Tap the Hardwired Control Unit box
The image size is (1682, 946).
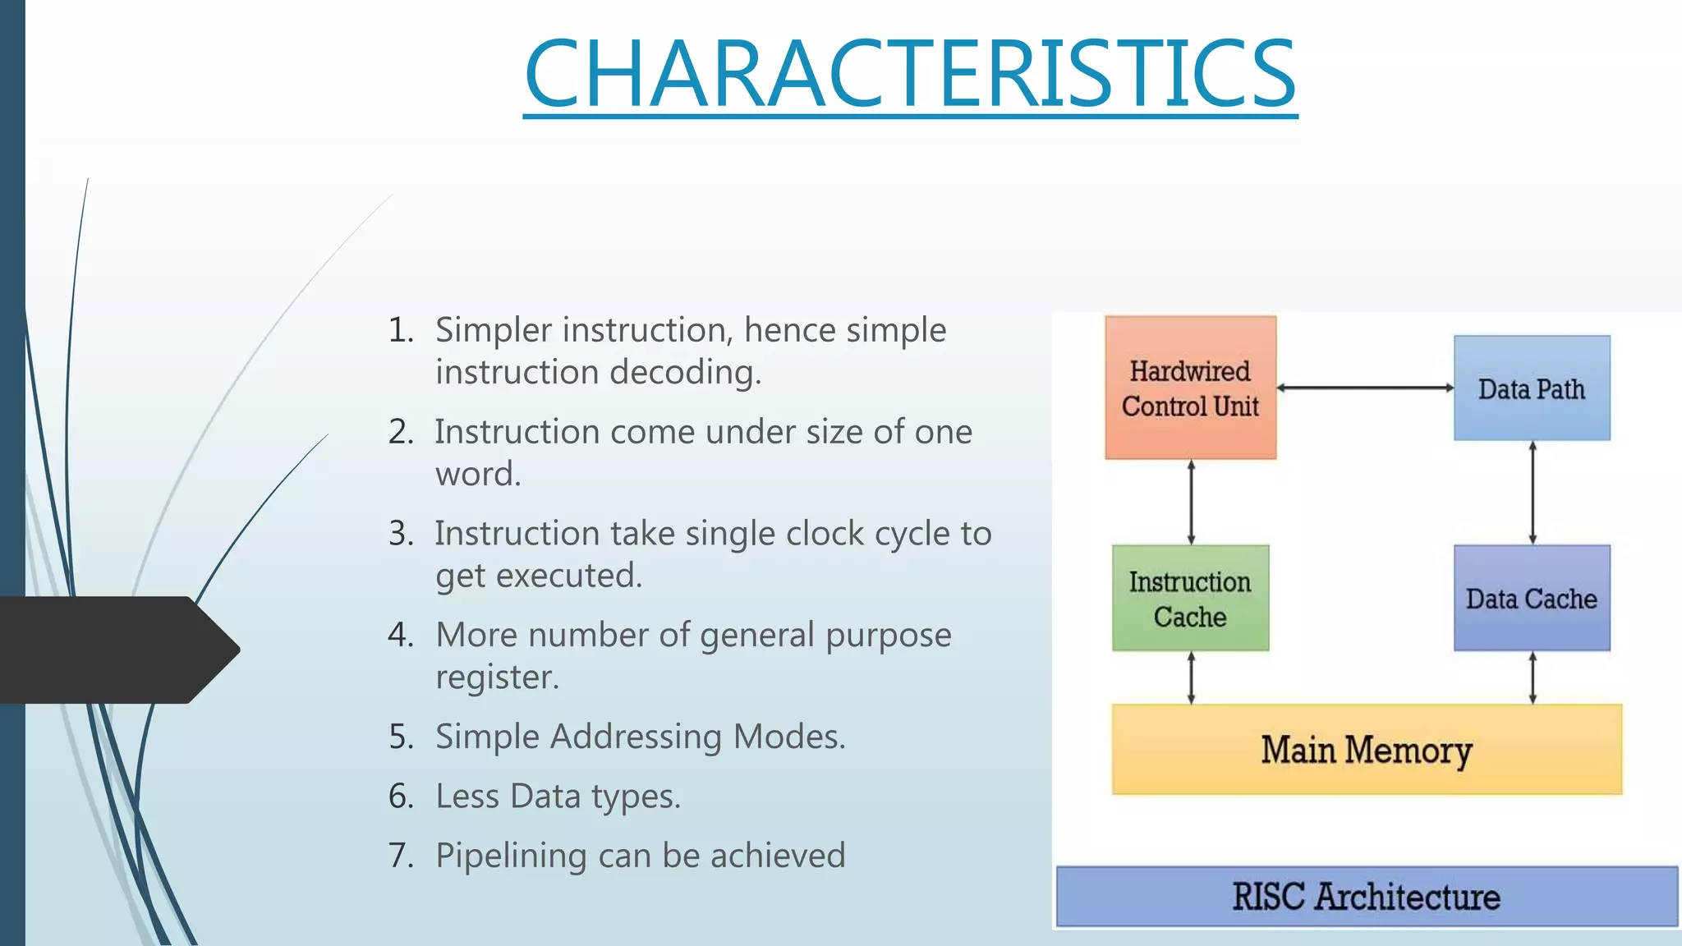[x=1190, y=388]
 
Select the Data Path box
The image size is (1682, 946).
[x=1532, y=388]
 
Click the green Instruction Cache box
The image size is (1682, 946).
[x=1190, y=599]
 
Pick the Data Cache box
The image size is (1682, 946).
[x=1532, y=599]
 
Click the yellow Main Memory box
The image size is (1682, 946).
[x=1367, y=750]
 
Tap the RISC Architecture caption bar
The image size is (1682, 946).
[x=1367, y=897]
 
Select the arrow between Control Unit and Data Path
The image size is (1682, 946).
[x=1365, y=388]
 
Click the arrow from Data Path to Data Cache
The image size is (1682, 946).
[x=1533, y=493]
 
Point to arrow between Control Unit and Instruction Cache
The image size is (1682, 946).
[x=1191, y=502]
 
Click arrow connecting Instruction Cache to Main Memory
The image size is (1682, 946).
[x=1191, y=678]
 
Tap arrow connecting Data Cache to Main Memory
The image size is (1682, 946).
[x=1533, y=678]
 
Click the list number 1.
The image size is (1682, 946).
[x=401, y=330]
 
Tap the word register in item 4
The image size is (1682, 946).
[x=496, y=677]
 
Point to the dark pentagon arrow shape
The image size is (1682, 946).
[x=115, y=650]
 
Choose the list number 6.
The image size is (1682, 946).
[x=401, y=797]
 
